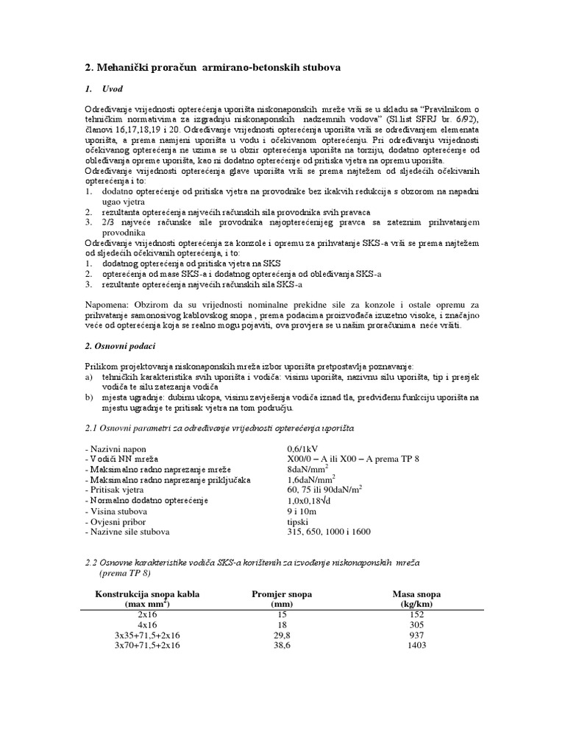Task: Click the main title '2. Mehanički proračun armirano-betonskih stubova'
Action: pos(213,67)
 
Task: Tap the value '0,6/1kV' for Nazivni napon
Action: pos(304,448)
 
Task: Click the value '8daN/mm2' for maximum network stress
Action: pos(308,469)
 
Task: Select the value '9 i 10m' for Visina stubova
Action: pos(303,511)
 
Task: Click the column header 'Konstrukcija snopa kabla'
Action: pos(147,593)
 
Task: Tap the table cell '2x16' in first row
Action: pos(147,614)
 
